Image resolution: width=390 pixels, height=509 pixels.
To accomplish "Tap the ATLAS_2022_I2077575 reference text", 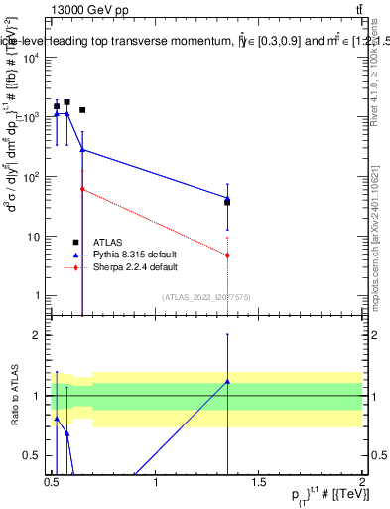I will click(x=206, y=296).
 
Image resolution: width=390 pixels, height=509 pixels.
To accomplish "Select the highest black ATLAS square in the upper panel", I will click(x=66, y=102).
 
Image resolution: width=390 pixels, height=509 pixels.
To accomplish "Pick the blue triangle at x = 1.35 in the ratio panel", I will click(x=228, y=381).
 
